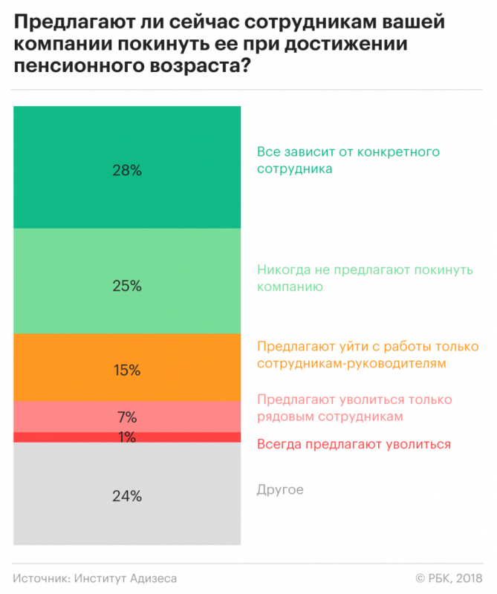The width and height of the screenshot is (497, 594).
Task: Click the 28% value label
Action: pos(127,170)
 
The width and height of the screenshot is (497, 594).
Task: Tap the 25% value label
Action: pos(127,285)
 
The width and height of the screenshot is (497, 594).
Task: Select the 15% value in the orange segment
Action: pos(127,370)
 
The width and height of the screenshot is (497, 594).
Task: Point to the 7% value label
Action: pos(127,417)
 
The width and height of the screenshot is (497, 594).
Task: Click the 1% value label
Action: pos(127,437)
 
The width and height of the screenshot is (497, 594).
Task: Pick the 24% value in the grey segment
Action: pos(127,496)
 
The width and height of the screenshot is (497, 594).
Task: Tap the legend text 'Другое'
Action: pos(280,490)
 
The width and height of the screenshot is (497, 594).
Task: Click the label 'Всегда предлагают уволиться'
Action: pos(354,445)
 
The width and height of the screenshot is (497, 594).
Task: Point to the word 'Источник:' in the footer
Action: pos(40,578)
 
